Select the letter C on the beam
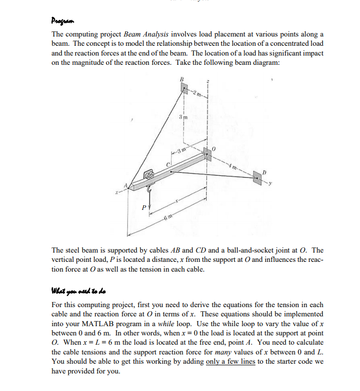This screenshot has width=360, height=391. click(167, 164)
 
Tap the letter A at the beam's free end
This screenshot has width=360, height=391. click(123, 187)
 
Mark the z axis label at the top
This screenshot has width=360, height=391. click(208, 83)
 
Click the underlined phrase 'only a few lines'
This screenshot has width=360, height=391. click(230, 361)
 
